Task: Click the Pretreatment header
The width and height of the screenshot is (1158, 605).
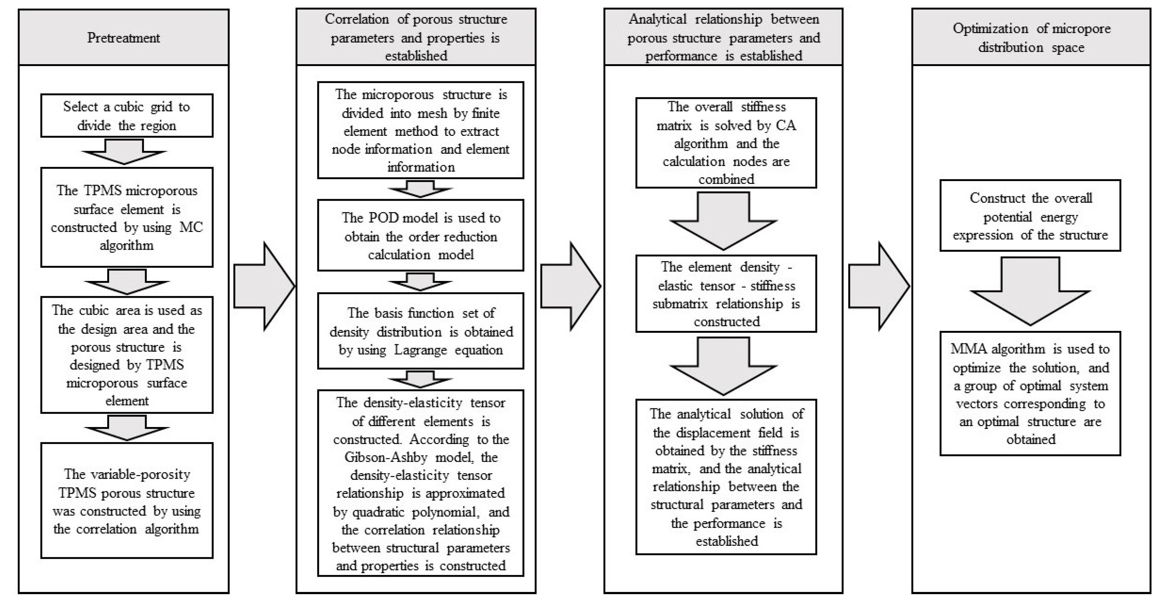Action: coord(124,37)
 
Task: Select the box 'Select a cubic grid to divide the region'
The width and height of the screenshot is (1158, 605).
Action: coord(127,116)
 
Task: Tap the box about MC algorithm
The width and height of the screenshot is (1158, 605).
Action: coord(127,218)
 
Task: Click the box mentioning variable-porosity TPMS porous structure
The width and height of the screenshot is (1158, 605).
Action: coord(127,500)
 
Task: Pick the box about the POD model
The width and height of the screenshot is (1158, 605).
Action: coord(421,236)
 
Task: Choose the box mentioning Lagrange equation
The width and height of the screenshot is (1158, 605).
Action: coord(421,331)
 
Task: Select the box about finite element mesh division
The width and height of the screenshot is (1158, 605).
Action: coord(421,131)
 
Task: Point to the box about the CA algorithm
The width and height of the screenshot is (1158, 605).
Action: coord(726,143)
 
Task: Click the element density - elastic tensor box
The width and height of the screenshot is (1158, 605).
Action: coord(726,294)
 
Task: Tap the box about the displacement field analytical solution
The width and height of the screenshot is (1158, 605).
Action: coord(726,477)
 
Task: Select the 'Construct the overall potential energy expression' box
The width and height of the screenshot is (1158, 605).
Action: coord(1030,216)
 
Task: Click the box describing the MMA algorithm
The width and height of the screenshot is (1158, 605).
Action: coord(1030,394)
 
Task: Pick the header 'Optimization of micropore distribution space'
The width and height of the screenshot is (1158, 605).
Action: coord(1031,37)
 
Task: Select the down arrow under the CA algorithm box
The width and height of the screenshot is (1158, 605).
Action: coord(723,220)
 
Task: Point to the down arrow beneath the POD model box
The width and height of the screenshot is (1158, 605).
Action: coord(420,282)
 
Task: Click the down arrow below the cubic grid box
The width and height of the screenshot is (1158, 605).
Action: coord(125,152)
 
